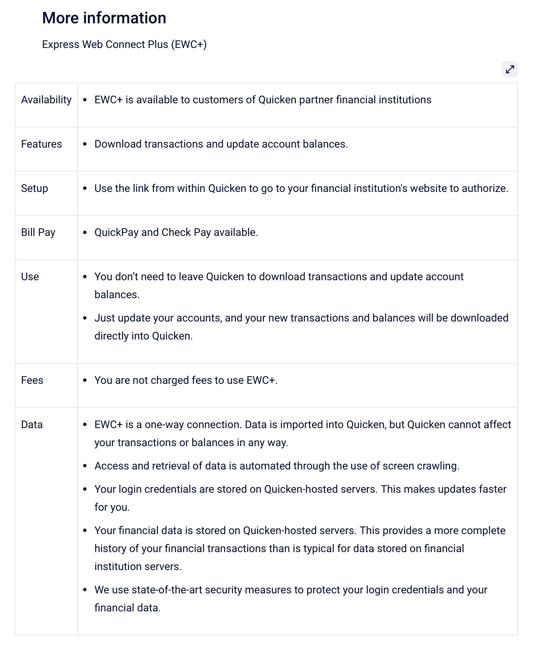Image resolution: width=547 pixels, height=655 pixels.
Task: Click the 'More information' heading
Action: pyautogui.click(x=104, y=18)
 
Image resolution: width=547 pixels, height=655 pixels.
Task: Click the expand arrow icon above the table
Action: pyautogui.click(x=510, y=69)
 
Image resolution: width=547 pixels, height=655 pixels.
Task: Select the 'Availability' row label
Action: pyautogui.click(x=46, y=100)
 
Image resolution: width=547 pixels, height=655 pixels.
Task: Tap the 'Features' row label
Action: pyautogui.click(x=41, y=144)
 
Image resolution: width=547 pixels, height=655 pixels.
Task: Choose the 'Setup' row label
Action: pyautogui.click(x=34, y=188)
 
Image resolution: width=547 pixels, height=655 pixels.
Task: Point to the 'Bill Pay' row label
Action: pyautogui.click(x=38, y=232)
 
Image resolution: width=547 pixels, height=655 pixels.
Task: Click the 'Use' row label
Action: pyautogui.click(x=30, y=277)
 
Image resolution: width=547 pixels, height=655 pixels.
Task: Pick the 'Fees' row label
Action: pyautogui.click(x=32, y=380)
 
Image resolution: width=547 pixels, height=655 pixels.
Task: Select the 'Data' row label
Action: pyautogui.click(x=32, y=424)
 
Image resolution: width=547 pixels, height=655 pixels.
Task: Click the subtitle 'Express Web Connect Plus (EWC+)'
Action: pyautogui.click(x=124, y=44)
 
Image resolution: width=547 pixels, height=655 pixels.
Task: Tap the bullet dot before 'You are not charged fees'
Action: pyautogui.click(x=85, y=380)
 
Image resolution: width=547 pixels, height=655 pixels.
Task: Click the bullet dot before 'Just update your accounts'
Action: pyautogui.click(x=85, y=318)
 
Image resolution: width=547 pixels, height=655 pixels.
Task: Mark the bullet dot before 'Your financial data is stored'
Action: pyautogui.click(x=85, y=531)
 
